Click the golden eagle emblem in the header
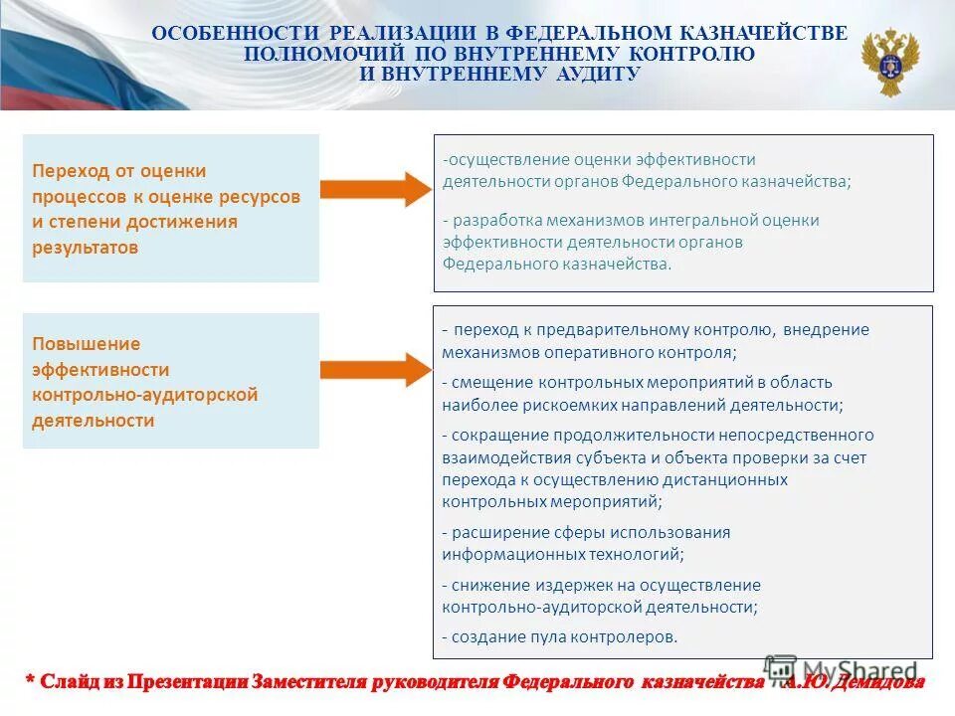tap(890, 62)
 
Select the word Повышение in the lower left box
tap(87, 344)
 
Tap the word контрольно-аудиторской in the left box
tap(145, 395)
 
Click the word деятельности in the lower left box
tap(94, 421)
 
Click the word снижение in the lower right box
tap(491, 586)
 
